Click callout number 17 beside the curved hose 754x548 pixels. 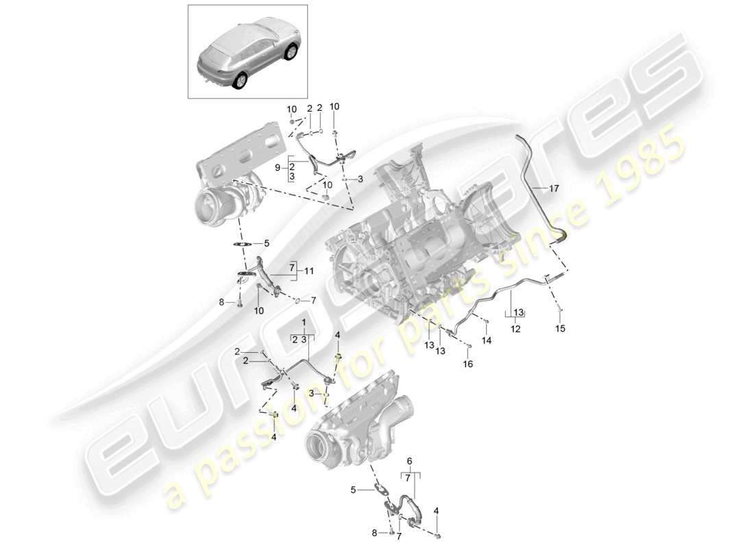[554, 187]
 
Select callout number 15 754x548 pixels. [561, 329]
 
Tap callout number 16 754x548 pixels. [468, 364]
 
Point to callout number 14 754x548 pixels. [487, 340]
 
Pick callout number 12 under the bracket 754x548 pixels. [515, 329]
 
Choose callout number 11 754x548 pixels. [309, 271]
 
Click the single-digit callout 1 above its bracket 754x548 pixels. [302, 321]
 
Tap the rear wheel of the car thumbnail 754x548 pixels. [241, 81]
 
